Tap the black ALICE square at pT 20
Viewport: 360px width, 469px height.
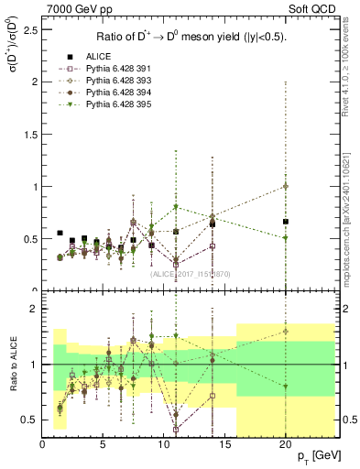click(286, 222)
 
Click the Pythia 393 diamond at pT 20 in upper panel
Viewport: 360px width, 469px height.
click(286, 186)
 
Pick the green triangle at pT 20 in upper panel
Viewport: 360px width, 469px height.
click(286, 238)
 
